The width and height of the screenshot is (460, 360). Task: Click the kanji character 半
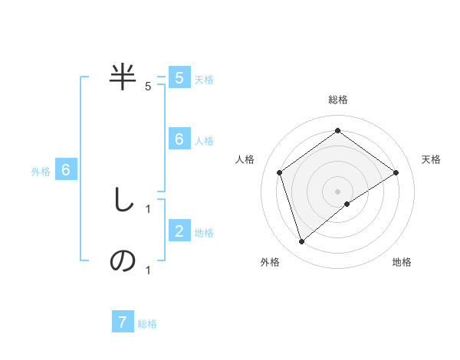pos(123,77)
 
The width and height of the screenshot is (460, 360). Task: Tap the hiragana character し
pos(123,201)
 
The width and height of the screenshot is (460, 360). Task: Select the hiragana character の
pos(123,260)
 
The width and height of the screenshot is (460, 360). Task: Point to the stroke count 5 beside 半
pos(148,87)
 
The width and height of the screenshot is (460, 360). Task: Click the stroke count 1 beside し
pos(148,208)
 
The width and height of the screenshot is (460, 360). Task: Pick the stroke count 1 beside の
pos(148,270)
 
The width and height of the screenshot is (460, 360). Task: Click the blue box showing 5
pos(179,78)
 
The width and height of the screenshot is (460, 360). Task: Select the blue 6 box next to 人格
pos(179,139)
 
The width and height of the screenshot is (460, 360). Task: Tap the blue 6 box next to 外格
pos(66,170)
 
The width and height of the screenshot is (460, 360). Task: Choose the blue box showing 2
pos(179,231)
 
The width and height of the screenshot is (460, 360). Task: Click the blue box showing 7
pos(123,322)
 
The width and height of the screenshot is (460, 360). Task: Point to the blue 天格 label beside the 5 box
pos(204,79)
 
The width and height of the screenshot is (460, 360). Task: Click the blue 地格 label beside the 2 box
pos(204,232)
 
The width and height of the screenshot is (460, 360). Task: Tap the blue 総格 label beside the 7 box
pos(147,323)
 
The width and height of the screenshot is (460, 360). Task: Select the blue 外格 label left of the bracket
pos(41,172)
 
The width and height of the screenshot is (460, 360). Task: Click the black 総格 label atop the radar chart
pos(337,100)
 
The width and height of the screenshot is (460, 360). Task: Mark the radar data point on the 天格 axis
pos(396,172)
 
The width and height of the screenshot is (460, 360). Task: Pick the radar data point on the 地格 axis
pos(347,203)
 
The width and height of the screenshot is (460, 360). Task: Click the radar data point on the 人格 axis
pos(280,172)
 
